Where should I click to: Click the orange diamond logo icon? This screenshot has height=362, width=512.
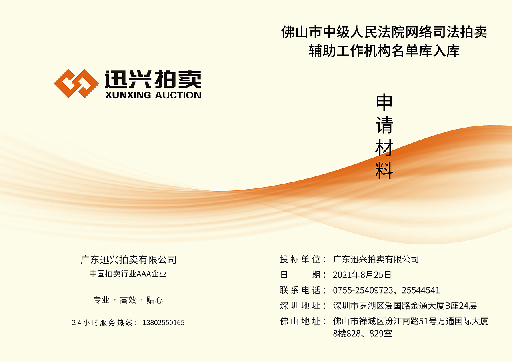point(76,84)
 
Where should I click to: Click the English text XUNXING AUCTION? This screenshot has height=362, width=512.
point(153,95)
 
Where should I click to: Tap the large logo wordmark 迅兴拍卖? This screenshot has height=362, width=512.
point(153,79)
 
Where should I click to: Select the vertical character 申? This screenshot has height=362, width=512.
point(384,102)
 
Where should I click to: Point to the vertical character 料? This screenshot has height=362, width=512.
point(384,171)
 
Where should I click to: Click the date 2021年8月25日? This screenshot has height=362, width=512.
point(362,275)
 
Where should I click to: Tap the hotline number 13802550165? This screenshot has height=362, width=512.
point(164,322)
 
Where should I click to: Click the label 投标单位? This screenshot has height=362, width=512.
point(300,259)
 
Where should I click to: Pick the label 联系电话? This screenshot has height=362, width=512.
point(300,290)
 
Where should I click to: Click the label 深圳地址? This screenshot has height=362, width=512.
point(300,306)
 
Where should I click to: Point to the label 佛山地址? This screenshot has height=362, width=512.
point(300,321)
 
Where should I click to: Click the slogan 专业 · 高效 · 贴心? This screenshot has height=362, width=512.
point(128,300)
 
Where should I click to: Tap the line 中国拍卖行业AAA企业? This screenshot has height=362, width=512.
point(128,274)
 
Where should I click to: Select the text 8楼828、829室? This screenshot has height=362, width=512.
point(362,333)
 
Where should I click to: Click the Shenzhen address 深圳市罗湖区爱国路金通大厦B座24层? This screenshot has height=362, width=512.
point(405,306)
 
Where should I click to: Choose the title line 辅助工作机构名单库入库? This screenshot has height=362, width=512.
point(384,51)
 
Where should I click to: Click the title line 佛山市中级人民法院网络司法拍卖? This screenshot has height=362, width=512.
point(384,32)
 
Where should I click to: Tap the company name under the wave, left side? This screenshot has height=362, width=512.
point(128,260)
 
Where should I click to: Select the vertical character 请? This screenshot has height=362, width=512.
point(384,125)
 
